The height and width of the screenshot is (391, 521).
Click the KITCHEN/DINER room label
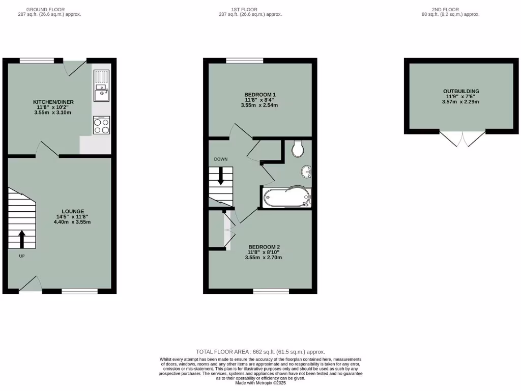pos(53,102)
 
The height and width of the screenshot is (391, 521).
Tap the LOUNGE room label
pos(73,211)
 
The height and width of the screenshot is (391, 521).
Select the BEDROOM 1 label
pos(259,95)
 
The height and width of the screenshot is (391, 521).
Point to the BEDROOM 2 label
pos(264,247)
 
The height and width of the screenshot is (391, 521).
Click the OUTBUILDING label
pos(461,92)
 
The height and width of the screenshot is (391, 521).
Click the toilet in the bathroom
pos(298,149)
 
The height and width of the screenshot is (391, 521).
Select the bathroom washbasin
pos(306,172)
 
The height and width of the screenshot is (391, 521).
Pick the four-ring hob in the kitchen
pos(102,125)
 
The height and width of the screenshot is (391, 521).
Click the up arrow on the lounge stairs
pos(22,239)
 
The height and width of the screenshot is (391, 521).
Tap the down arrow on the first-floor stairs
pos(221,176)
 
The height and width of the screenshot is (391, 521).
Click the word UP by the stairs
pos(22,256)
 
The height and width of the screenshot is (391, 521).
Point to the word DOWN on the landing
pos(221,159)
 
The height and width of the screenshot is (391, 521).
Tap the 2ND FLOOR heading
pos(445,9)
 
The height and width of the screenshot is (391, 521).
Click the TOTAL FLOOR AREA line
pos(260,352)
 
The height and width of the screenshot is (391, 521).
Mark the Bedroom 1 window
pos(245,61)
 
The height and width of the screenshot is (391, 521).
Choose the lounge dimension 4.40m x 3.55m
pos(73,222)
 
